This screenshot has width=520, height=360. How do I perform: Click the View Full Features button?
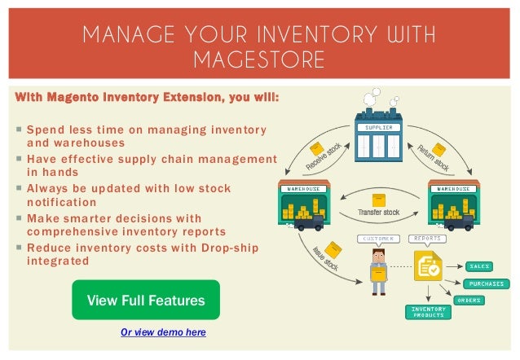pos(146,301)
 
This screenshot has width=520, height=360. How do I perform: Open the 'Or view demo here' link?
pos(163,332)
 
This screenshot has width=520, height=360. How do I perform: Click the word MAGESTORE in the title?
pos(259,59)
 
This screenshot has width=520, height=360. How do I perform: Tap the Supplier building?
pos(378,143)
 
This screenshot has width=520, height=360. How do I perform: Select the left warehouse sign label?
pos(302,189)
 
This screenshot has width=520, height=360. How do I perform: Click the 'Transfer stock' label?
pos(379,213)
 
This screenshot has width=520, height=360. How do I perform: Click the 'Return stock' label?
pos(434,156)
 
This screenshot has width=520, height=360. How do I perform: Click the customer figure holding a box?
pos(377,270)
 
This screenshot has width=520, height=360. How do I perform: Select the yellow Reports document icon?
pos(427,266)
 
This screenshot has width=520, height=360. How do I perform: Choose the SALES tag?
pos(478,266)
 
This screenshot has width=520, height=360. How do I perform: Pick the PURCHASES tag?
pos(487,283)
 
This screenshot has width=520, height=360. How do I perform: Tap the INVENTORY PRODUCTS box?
pos(427,313)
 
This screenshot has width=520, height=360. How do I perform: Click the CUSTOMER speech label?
pos(379,239)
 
